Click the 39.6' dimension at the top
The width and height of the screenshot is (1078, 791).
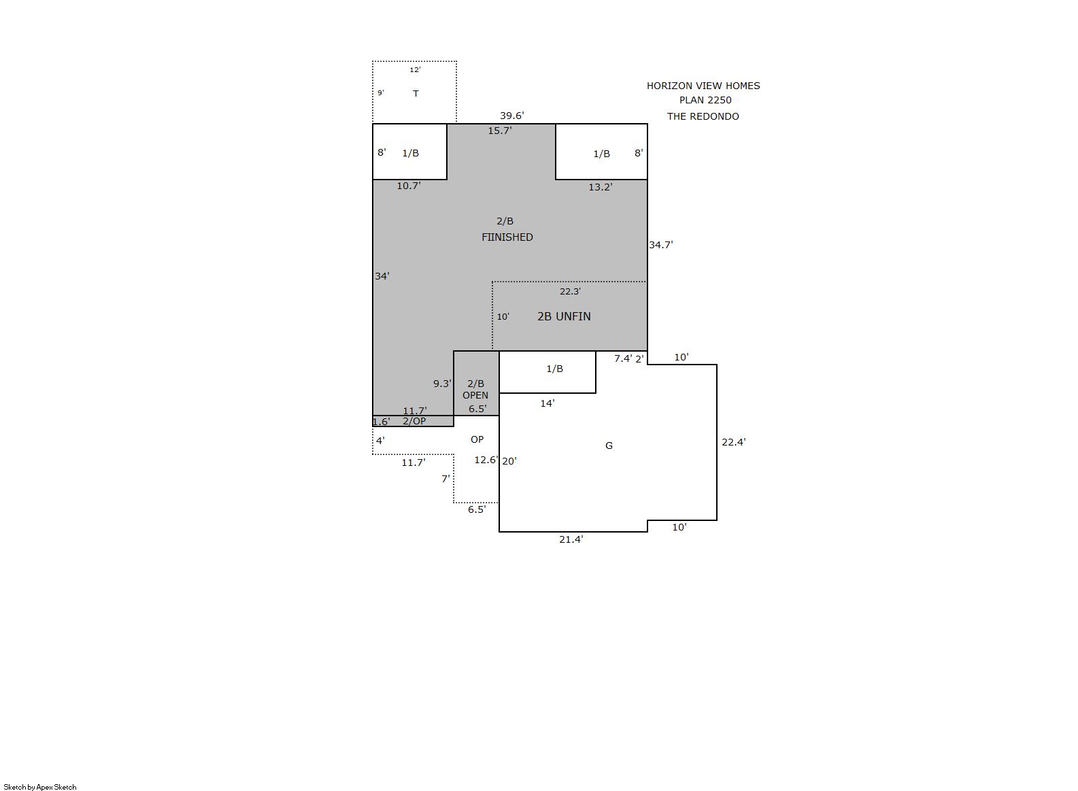511,116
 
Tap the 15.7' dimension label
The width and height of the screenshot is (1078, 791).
499,131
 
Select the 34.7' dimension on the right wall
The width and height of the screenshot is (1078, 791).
661,245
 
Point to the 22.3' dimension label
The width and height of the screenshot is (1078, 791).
570,291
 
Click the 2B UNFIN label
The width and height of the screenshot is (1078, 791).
564,316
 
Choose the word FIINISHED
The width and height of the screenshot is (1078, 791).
507,237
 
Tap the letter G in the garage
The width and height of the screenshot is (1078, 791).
609,445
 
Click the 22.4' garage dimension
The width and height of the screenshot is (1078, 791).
733,442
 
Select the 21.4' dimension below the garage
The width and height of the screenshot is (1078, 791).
571,539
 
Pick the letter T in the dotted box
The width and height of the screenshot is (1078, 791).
416,93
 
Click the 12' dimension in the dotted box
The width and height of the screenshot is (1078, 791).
416,70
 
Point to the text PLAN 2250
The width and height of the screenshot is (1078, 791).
705,100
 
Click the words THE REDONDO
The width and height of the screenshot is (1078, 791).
703,116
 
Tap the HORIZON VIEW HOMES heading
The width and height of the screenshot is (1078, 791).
703,86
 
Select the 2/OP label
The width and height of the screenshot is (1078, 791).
414,421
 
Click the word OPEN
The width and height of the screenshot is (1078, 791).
475,395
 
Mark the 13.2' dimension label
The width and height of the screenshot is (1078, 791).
601,187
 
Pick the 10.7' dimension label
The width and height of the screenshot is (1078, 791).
409,186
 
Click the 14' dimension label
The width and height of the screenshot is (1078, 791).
548,404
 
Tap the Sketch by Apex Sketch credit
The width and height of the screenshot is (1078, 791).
40,787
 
